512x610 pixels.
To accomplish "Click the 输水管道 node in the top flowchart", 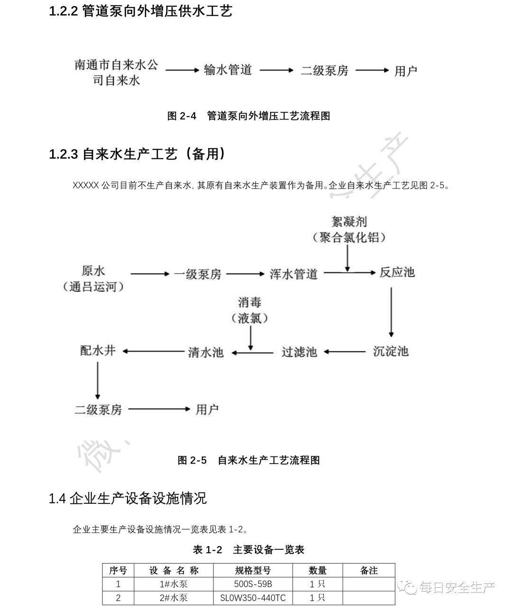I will click(228, 70).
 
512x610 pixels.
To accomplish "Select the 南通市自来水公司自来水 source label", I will click(116, 72).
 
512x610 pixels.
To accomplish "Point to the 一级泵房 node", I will click(197, 274).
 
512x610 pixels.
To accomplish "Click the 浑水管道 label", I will click(293, 274).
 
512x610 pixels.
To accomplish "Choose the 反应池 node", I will click(397, 273).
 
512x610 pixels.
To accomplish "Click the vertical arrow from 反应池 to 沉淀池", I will click(391, 311).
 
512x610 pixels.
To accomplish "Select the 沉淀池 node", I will click(391, 351).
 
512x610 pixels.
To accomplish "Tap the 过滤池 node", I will click(299, 352).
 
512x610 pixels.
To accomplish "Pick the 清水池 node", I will click(205, 352).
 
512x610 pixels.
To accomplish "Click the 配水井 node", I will click(98, 351).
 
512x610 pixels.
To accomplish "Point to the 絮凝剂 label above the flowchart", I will click(349, 221).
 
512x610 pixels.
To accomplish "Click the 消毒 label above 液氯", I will click(250, 302).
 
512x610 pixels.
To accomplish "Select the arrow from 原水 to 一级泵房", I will click(150, 274).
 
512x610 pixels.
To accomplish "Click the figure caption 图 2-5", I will click(249, 460).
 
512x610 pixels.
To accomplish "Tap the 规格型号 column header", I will click(253, 571).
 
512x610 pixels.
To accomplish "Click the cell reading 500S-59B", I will click(253, 584).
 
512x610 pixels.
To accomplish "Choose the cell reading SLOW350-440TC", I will click(253, 598).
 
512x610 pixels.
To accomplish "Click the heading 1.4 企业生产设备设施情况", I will click(128, 499).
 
